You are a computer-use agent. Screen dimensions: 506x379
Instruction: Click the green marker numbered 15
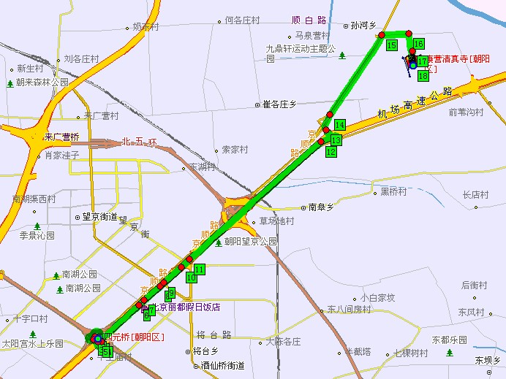coord(392,45)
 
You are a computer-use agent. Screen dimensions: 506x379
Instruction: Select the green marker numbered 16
coord(418,44)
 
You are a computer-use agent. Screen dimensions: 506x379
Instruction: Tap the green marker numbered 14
coord(339,125)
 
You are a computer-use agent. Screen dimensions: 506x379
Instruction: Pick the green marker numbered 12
coord(331,151)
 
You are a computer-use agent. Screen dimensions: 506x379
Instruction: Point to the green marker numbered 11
coord(200,269)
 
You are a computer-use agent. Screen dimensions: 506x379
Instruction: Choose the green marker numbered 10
coord(191,277)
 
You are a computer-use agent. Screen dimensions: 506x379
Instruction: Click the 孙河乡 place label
coord(363,25)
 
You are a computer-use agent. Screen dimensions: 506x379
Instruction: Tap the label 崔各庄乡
coord(279,105)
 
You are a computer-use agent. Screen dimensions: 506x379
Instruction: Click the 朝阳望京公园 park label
coord(251,241)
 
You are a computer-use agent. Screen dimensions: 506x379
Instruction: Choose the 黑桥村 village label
coord(393,191)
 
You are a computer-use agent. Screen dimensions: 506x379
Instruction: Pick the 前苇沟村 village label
coord(467,112)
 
